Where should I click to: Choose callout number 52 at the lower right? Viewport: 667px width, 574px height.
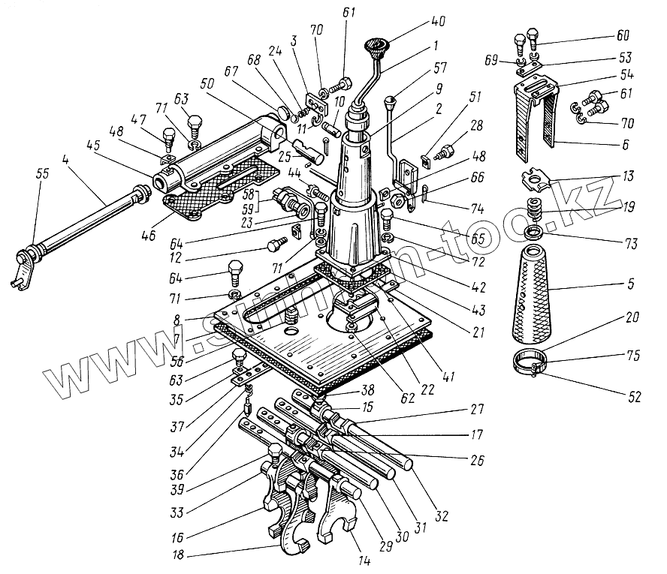(635, 397)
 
